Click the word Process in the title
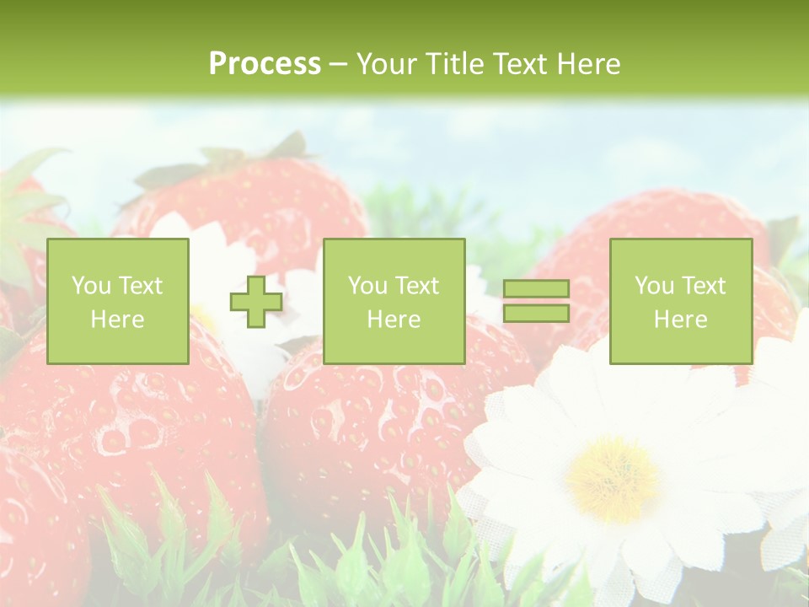pos(265,63)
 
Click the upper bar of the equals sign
pos(536,289)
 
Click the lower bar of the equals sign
pos(536,314)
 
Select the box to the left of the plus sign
pos(118,301)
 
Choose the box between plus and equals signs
pos(394,301)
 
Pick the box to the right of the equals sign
pos(681,301)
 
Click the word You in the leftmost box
pos(90,286)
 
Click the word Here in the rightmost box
pos(681,320)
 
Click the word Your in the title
pos(387,63)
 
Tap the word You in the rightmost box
pos(654,286)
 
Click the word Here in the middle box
pos(394,320)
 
